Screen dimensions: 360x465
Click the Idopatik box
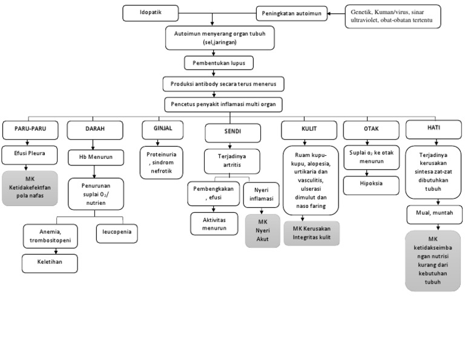(x=151, y=12)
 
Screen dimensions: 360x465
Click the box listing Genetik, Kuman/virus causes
(x=392, y=16)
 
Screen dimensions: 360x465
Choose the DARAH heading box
(x=91, y=129)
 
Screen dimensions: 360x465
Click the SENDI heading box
(x=223, y=131)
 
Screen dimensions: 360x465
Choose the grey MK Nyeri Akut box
(x=262, y=230)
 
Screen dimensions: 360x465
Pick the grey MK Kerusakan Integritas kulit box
(x=312, y=234)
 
